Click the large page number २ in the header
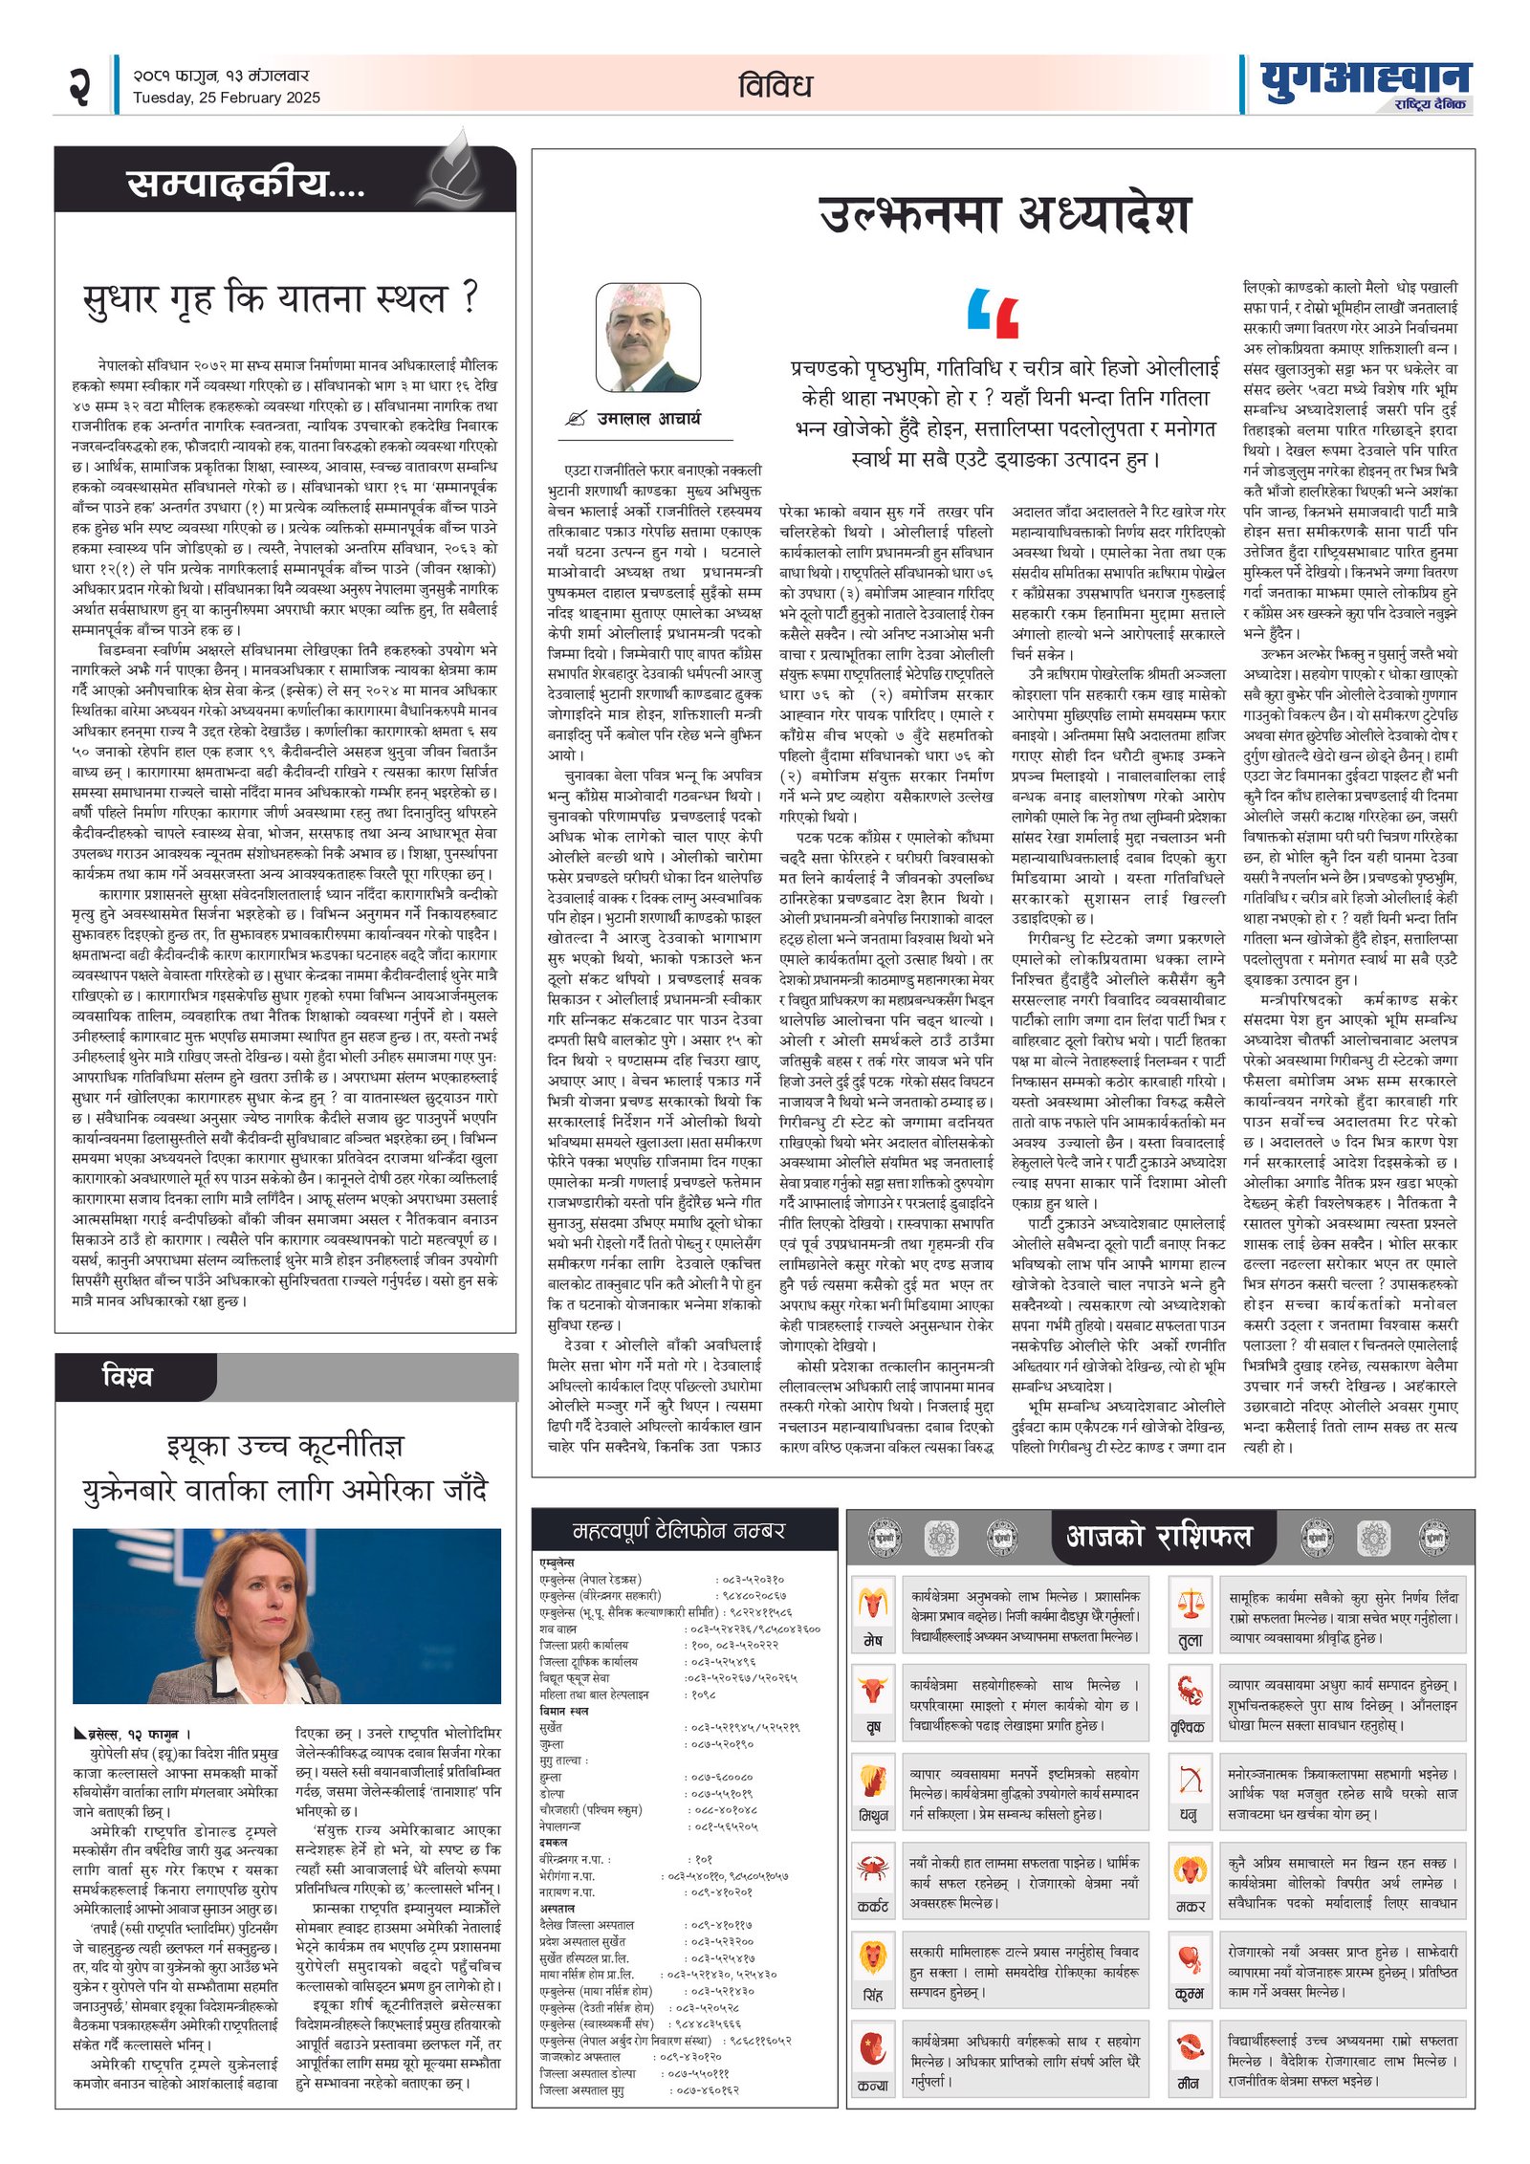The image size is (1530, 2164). tap(79, 86)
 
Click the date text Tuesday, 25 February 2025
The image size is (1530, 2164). tap(227, 98)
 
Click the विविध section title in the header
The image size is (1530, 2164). tap(775, 86)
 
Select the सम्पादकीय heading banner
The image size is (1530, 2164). tap(246, 183)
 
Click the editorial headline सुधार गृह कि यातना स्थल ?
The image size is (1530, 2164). tap(280, 299)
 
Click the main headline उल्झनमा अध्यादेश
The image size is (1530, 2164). tap(1004, 215)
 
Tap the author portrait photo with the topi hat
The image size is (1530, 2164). tap(647, 336)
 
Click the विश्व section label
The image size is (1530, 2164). tap(127, 1377)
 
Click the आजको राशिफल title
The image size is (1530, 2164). tap(1158, 1536)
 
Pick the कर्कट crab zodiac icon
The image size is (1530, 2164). tap(872, 1866)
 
